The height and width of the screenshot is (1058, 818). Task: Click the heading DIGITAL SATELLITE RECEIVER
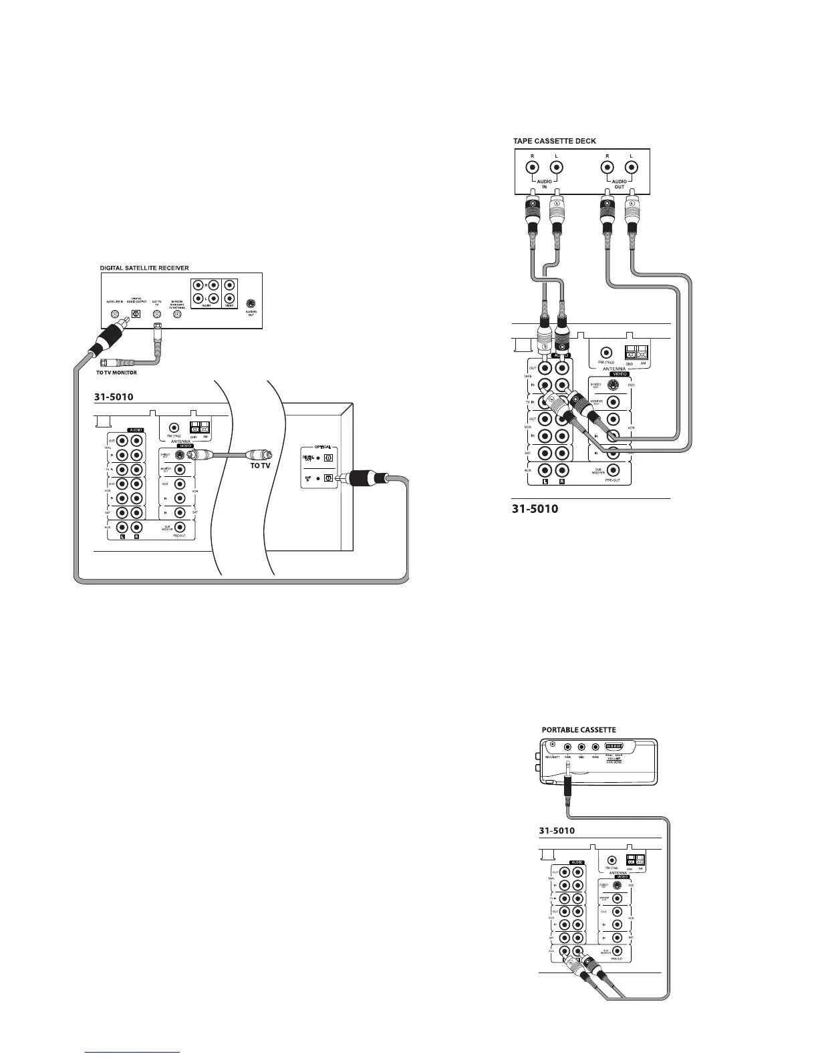point(144,268)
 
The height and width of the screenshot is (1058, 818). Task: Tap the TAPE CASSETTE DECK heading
point(554,141)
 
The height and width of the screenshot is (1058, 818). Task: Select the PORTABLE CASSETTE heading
point(578,729)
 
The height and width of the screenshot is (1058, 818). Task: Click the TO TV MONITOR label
point(117,373)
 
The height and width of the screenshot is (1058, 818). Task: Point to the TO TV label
point(260,466)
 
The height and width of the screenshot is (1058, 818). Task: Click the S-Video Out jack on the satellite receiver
point(251,302)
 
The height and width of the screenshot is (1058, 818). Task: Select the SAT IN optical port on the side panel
point(327,478)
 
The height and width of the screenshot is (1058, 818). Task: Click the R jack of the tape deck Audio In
point(533,167)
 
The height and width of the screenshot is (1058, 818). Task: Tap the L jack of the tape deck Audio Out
point(631,167)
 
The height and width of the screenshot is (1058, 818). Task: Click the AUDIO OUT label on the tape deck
point(619,184)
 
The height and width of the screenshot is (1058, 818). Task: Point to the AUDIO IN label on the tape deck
point(543,184)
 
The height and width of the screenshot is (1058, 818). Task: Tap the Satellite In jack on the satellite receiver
point(116,313)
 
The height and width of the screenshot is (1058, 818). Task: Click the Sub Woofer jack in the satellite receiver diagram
point(179,528)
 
